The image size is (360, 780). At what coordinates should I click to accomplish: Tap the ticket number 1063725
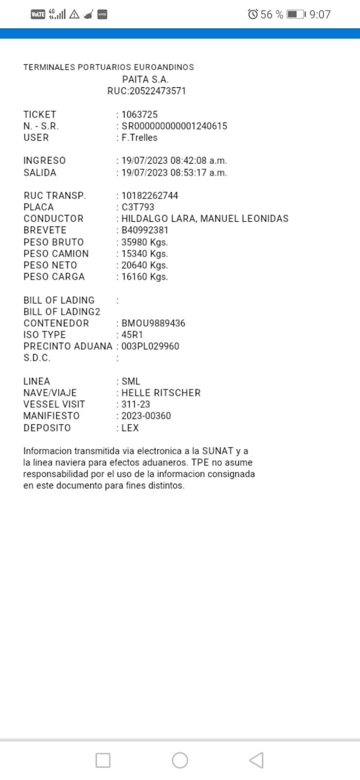point(140,115)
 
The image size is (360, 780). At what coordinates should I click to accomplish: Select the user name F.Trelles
point(140,137)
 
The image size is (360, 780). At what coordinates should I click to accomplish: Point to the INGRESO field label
point(44,160)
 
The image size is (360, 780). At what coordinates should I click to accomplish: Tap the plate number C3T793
point(138,207)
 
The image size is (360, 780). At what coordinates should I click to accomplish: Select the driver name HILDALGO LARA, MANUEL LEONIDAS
point(205,218)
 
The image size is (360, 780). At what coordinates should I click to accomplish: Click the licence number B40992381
point(145,230)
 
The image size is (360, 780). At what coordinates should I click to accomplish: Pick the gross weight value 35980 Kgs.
point(144,242)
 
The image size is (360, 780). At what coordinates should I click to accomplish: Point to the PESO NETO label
point(50,265)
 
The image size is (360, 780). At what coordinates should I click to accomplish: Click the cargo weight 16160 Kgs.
point(144,277)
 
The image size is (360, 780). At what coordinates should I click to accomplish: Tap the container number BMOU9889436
point(153,323)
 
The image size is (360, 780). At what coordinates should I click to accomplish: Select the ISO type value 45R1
point(132,335)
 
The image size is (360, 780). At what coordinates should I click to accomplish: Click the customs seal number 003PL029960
point(150,346)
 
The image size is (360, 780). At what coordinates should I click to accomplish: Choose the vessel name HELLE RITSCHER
point(161,393)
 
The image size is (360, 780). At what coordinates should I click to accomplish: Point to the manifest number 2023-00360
point(146,416)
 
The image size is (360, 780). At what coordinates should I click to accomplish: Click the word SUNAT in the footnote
point(218,451)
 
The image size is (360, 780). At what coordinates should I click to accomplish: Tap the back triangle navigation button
point(256,760)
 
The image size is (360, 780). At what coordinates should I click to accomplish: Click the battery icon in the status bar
point(296,14)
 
